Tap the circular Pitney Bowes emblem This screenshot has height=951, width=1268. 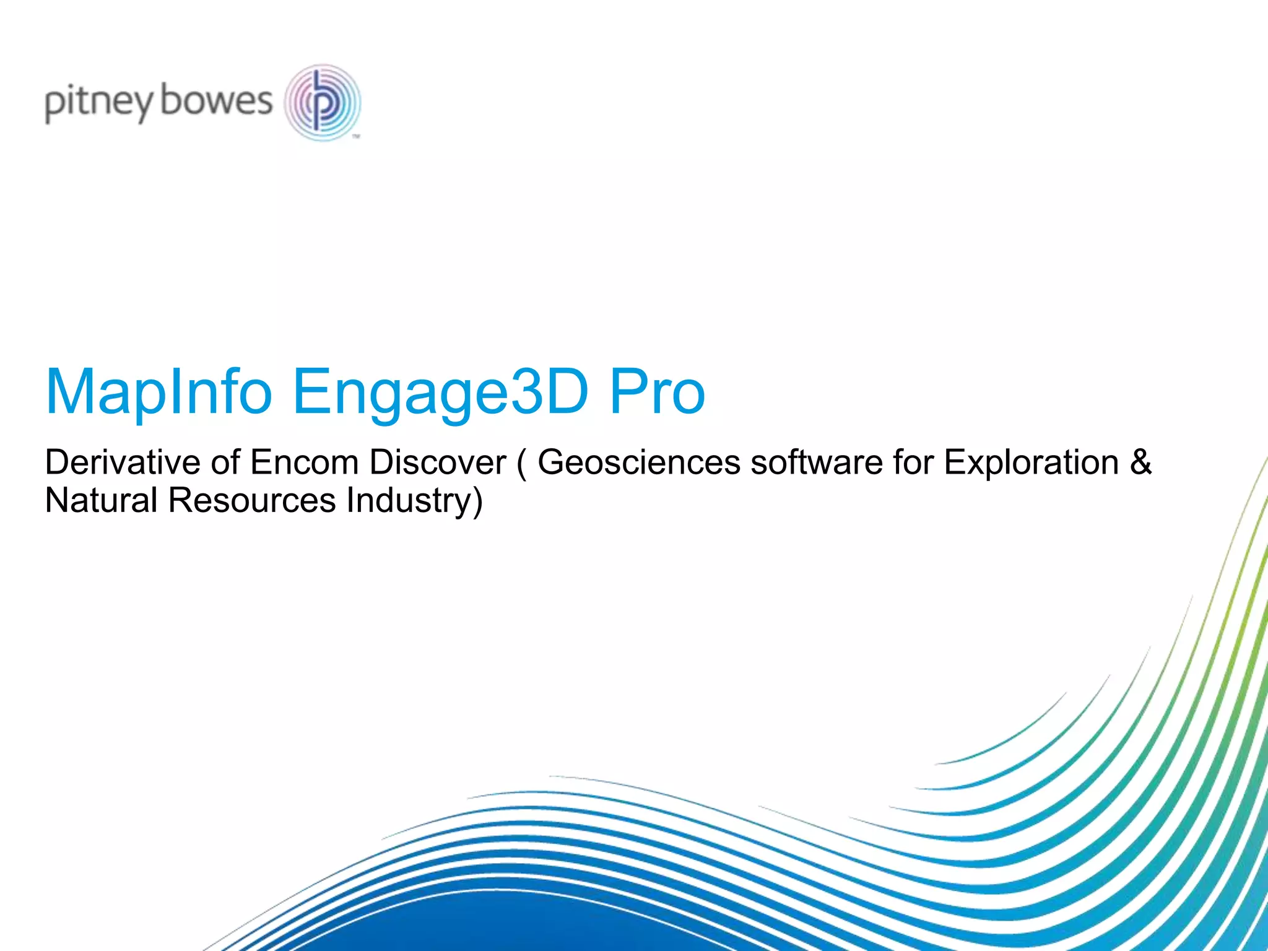[x=323, y=102]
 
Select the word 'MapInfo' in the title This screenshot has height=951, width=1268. [x=159, y=392]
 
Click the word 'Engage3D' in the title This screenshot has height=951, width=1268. [x=440, y=392]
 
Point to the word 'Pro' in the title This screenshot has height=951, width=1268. [x=658, y=392]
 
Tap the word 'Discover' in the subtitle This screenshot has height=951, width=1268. [x=438, y=462]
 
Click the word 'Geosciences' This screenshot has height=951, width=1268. [x=638, y=462]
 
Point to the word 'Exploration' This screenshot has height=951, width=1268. [x=1031, y=462]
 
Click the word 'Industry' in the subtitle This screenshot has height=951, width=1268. [x=407, y=500]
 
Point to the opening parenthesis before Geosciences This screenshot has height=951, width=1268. [x=521, y=464]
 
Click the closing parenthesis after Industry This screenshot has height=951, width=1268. [x=477, y=502]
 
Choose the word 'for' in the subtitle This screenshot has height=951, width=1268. [x=913, y=462]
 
